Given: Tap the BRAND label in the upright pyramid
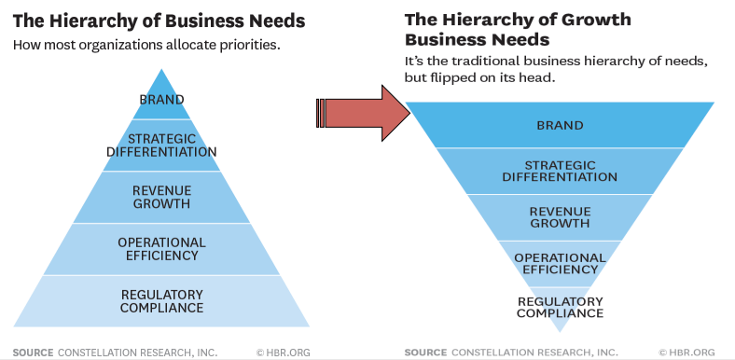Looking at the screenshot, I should (161, 99).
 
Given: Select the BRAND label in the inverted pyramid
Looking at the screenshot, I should (560, 125).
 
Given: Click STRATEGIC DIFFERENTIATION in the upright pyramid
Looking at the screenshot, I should (161, 145).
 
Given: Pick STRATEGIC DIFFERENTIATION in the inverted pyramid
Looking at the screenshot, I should (560, 171).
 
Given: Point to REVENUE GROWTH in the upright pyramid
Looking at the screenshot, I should (161, 197).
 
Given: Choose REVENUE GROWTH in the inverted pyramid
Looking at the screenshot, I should (560, 217).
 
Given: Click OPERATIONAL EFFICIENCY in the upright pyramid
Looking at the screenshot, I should (161, 249).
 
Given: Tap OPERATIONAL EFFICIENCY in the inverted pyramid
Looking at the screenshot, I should (560, 264).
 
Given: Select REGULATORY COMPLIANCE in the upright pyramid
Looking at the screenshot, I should (161, 300).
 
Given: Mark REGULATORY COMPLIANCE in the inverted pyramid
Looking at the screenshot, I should (560, 307).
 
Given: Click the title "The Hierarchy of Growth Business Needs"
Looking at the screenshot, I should (518, 29).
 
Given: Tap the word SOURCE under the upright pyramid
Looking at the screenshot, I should (34, 352).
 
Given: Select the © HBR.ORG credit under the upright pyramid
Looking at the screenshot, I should (284, 352).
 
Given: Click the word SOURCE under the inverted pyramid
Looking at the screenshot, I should (425, 353).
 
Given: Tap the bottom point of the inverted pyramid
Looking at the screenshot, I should (560, 330).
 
